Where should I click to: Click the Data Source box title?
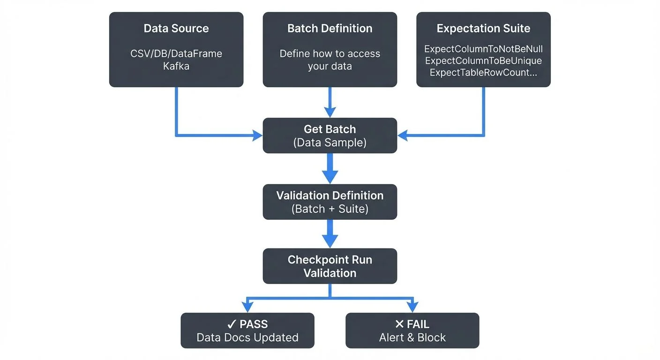176,28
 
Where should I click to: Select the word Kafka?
176,66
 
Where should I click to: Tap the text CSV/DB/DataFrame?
176,53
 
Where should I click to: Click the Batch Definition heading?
330,28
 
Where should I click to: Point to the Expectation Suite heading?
483,28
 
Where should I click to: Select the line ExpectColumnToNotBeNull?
483,49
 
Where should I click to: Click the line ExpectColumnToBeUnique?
483,60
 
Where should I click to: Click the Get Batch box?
330,135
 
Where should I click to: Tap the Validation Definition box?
330,202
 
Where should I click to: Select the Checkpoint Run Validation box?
330,266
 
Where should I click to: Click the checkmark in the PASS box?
231,324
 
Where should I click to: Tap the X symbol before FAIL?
399,324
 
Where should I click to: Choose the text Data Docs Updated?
247,337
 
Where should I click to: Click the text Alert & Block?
412,337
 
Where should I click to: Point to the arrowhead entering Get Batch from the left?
257,136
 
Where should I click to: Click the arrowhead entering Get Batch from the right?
403,136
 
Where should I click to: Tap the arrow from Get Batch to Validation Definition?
330,168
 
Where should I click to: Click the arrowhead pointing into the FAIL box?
412,307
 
